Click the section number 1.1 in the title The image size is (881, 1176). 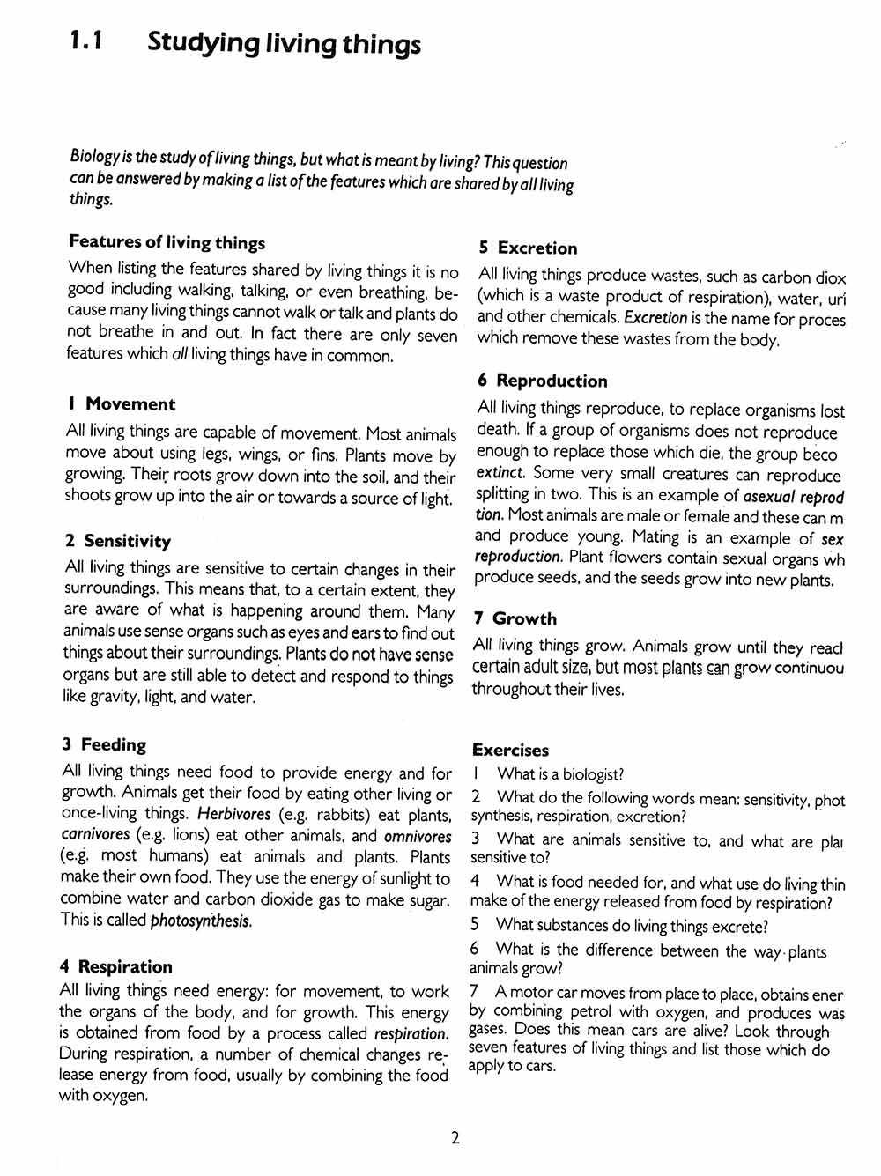click(x=86, y=41)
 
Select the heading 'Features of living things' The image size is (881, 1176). click(x=167, y=242)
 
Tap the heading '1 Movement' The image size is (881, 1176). click(x=121, y=404)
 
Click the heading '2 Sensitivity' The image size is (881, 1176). click(x=117, y=541)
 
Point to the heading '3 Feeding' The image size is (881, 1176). click(x=104, y=744)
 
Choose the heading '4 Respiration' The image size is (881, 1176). click(x=115, y=966)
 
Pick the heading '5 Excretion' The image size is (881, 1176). click(x=528, y=248)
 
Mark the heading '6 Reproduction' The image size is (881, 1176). click(x=542, y=381)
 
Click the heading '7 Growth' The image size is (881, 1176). click(x=515, y=618)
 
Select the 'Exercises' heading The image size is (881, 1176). click(x=510, y=750)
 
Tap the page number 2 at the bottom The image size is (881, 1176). click(x=455, y=1137)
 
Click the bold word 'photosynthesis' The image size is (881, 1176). click(x=201, y=921)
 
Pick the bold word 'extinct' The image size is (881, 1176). click(x=499, y=472)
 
